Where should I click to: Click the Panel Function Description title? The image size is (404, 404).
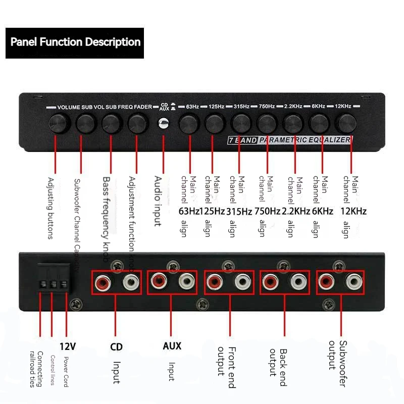click(x=75, y=42)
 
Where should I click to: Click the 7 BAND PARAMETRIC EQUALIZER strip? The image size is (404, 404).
click(x=288, y=139)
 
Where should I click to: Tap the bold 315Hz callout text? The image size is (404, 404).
click(x=239, y=212)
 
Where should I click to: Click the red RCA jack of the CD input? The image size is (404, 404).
click(x=101, y=281)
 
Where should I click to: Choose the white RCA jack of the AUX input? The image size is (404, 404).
click(x=187, y=281)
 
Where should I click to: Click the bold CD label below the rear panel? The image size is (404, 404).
click(x=116, y=347)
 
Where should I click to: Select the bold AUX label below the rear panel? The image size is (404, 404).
click(x=172, y=346)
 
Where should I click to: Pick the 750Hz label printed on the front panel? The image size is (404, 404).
click(x=267, y=107)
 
